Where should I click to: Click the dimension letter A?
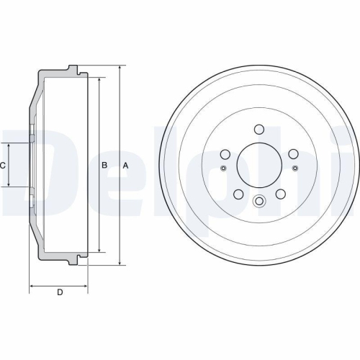point(126,166)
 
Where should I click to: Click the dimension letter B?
point(104,166)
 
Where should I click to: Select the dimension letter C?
point(3,166)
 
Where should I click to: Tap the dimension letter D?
point(60,292)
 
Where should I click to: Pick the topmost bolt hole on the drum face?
point(258,130)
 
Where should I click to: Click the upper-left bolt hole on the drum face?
point(224,155)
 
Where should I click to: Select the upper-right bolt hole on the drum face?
point(292,155)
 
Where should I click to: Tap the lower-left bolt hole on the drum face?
point(237,194)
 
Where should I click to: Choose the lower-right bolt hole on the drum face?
point(279,194)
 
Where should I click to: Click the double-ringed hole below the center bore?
point(258,202)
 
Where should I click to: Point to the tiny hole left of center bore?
point(222,168)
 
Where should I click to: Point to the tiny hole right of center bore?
point(294,168)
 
